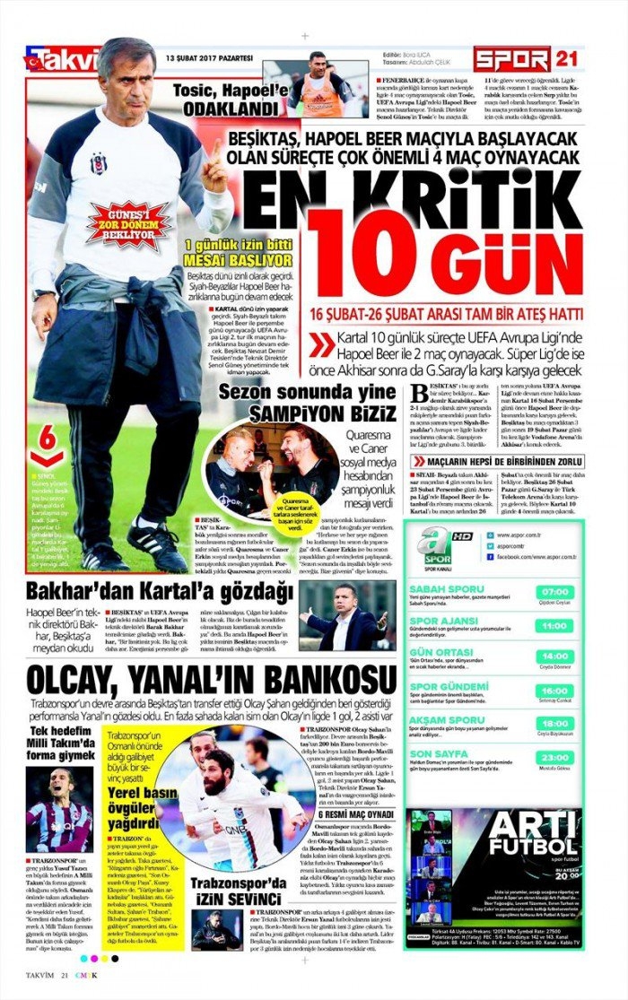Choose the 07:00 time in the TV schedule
coord(555,592)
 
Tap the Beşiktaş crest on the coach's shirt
coord(98,165)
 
